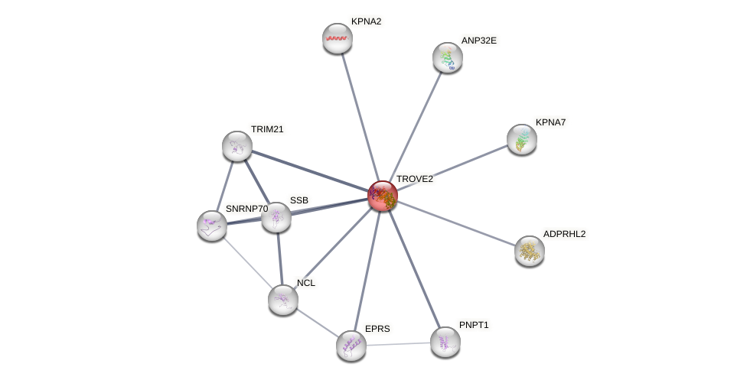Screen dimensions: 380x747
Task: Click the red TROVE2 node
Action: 383,196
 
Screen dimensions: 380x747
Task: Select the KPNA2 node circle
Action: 337,38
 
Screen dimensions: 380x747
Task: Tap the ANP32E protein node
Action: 448,57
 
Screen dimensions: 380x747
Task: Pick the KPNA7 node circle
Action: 522,139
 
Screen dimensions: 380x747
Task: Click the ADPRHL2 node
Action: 530,250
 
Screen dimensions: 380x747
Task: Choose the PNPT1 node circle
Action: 445,342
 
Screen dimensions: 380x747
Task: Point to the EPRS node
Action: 351,346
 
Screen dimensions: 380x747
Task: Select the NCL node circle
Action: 283,299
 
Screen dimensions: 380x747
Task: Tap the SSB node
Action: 276,217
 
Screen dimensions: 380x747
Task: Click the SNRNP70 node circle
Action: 212,226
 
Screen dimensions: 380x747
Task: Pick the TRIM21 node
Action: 237,146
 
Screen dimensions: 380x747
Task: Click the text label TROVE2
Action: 414,179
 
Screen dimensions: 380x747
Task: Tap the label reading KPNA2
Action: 366,21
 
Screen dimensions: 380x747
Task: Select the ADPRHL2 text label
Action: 564,233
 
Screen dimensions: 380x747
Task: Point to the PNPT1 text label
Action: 474,325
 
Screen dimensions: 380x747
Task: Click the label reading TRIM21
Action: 267,129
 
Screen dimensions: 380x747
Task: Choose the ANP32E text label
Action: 483,41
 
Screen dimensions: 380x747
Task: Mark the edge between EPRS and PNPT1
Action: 398,344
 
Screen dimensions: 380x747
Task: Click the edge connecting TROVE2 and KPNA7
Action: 452,167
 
